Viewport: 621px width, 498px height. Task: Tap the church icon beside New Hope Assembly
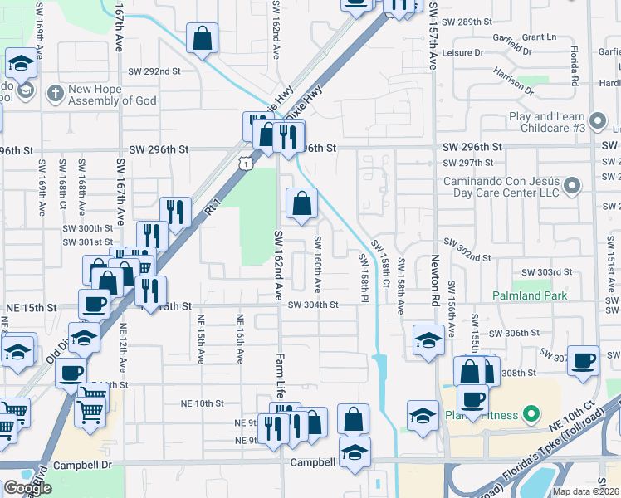click(x=55, y=91)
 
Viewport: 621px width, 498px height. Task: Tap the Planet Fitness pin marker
click(x=531, y=414)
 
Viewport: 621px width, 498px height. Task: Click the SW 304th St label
click(x=313, y=305)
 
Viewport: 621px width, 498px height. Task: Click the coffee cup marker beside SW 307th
click(x=583, y=360)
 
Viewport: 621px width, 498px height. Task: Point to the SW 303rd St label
click(x=547, y=272)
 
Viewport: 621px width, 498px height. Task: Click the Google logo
click(x=27, y=488)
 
